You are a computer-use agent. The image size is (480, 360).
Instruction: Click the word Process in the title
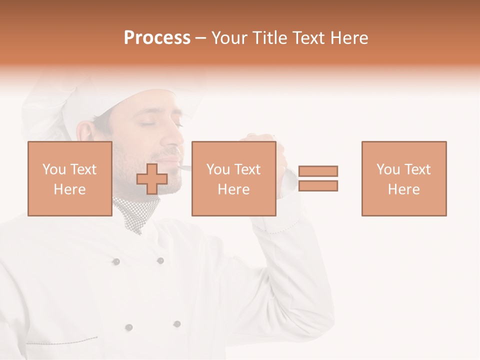[x=157, y=38]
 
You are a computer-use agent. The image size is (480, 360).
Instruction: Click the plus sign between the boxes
[x=152, y=179]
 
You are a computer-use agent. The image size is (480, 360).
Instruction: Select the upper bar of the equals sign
[x=318, y=171]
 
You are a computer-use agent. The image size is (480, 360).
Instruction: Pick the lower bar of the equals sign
[x=318, y=186]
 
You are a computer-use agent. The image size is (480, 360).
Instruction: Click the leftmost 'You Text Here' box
[x=69, y=178]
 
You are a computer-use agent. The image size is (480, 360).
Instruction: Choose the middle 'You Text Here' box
[x=233, y=178]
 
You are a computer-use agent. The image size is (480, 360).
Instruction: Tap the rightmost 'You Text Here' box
[x=403, y=178]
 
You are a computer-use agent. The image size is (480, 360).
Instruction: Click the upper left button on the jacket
[x=116, y=261]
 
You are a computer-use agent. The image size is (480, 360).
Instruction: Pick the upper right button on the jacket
[x=160, y=260]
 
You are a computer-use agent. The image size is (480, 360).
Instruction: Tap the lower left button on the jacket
[x=129, y=327]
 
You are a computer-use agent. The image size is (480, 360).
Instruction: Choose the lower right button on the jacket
[x=176, y=324]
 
